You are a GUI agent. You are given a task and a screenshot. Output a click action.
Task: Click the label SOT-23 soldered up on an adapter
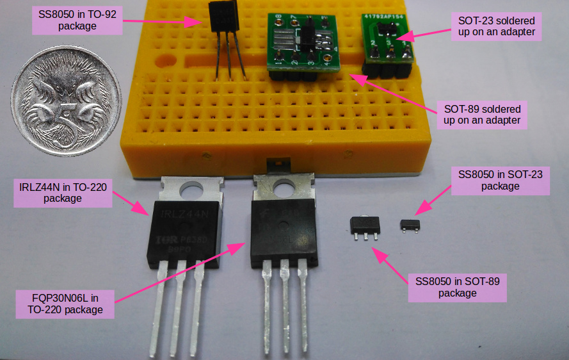(x=493, y=25)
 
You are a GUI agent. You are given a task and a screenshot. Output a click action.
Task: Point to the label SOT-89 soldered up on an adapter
(x=481, y=114)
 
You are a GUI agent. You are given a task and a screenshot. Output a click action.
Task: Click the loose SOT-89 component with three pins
(x=364, y=225)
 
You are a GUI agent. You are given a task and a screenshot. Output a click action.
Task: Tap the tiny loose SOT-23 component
(x=410, y=224)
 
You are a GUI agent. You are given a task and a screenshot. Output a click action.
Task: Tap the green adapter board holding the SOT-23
(x=387, y=38)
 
